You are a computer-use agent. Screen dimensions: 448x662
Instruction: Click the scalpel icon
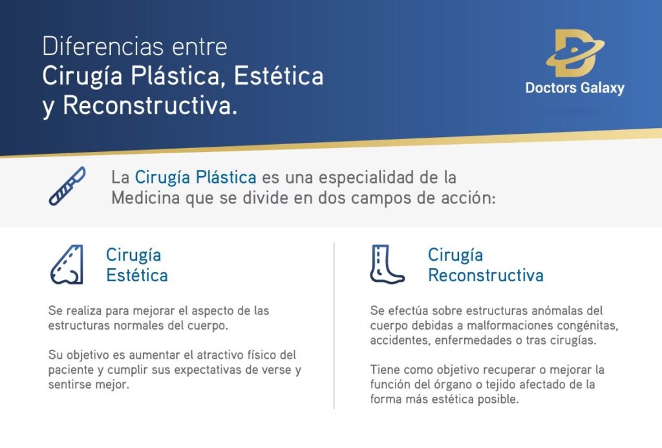tap(67, 186)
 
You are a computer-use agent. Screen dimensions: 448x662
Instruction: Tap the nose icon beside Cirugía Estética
tap(67, 264)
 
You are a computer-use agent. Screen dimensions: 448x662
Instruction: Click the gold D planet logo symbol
tap(574, 53)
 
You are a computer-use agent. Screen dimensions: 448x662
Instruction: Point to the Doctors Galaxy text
tap(575, 87)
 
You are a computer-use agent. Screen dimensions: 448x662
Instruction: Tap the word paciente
tap(71, 370)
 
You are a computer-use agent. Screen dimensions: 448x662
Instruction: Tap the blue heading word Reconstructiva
tap(485, 275)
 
